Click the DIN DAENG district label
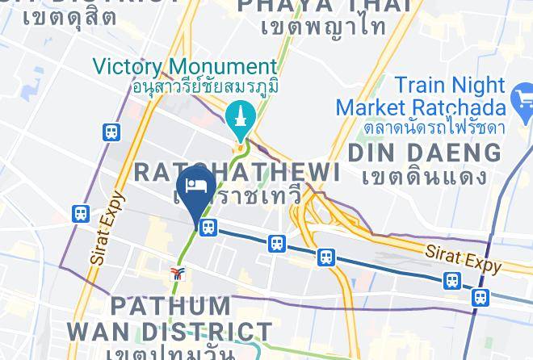(x=423, y=152)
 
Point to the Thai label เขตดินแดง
(x=423, y=176)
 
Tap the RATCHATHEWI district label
(x=236, y=171)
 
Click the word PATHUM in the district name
(x=170, y=306)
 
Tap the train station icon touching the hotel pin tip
(x=209, y=228)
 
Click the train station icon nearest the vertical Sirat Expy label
(x=81, y=214)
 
